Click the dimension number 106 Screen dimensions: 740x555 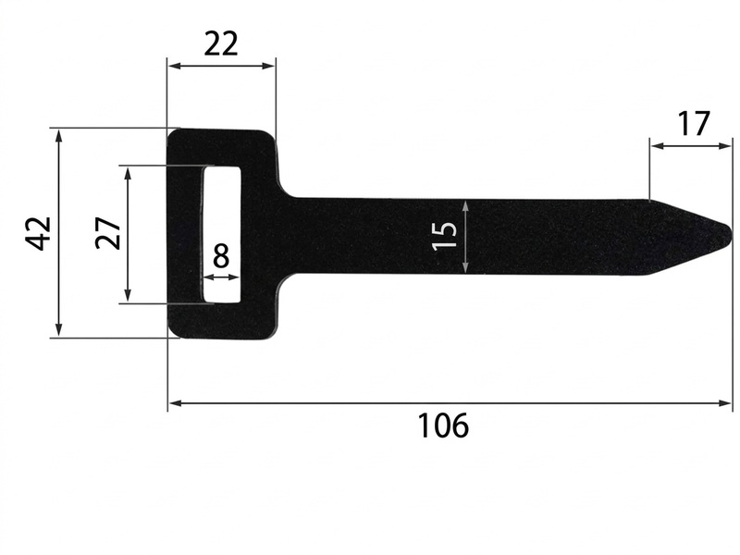[443, 425]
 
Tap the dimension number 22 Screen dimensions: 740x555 [221, 43]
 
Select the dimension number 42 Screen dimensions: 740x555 [38, 233]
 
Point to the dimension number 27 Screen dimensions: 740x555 [108, 233]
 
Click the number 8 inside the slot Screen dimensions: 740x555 [221, 257]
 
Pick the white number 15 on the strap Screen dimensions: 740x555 [445, 235]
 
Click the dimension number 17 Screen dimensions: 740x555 [693, 124]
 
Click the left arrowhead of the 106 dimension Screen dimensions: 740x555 [176, 403]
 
